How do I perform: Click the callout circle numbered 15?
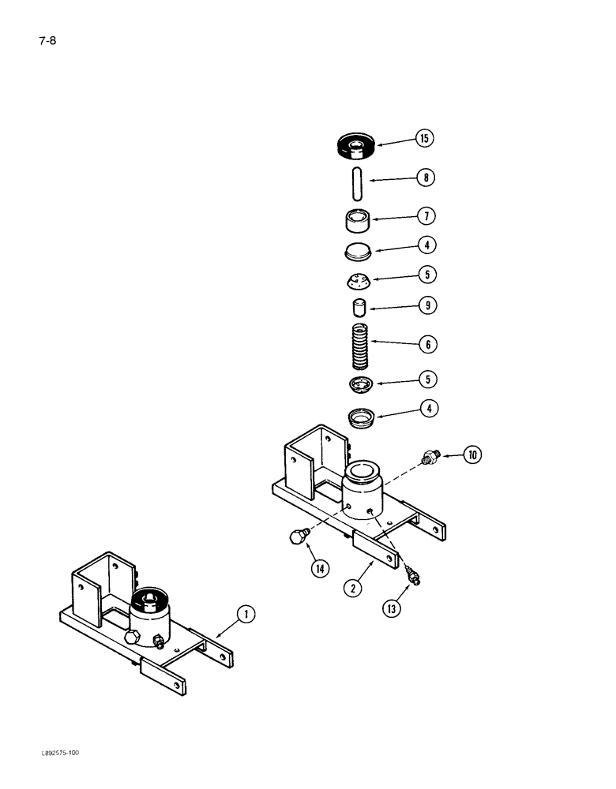[x=423, y=139]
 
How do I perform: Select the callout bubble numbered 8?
[x=426, y=178]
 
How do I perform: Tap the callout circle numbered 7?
[x=426, y=216]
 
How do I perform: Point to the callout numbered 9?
[x=426, y=305]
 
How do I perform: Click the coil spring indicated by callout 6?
[x=360, y=345]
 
